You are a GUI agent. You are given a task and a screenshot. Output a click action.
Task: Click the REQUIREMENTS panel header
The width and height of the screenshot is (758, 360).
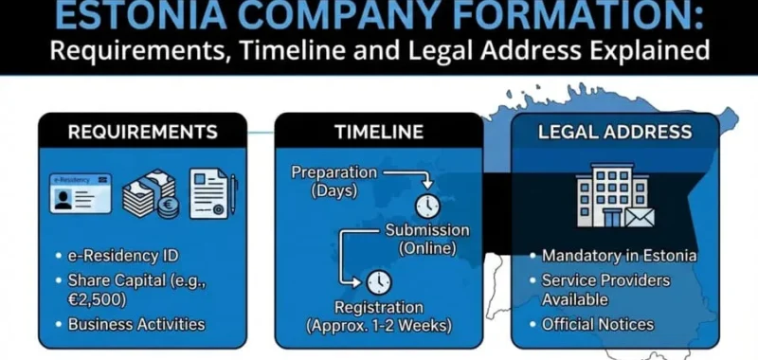point(142,132)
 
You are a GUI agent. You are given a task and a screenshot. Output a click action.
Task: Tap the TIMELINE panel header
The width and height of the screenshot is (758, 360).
point(378,132)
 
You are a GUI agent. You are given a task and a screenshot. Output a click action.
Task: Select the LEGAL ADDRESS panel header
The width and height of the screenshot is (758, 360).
point(615,132)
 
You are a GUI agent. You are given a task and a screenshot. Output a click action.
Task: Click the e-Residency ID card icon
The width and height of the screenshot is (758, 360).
point(81,193)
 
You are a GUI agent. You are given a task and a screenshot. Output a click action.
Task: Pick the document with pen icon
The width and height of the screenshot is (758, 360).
point(212,193)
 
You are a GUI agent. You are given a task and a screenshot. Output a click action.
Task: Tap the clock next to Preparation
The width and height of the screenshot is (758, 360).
point(427,206)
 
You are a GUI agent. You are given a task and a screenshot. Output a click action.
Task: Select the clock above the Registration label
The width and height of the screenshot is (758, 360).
point(379,281)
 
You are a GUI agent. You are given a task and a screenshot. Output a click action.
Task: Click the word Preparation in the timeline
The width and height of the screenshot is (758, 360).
point(334,172)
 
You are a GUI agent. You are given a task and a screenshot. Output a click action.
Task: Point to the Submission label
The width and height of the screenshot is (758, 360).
point(427,230)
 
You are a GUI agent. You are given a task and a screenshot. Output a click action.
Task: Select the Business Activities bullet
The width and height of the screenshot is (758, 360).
point(136,324)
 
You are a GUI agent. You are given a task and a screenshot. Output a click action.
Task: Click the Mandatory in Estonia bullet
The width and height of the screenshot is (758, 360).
point(619,256)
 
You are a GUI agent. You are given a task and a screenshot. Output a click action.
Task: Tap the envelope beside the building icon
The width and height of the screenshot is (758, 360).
point(639,217)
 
